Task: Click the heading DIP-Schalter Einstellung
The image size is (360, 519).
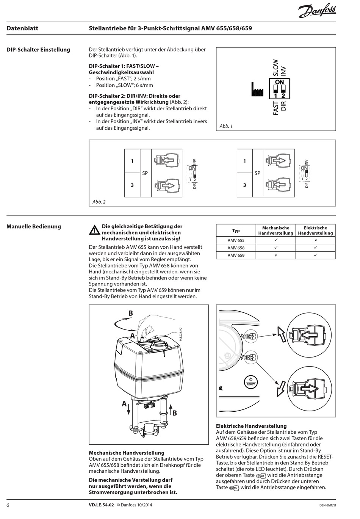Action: coord(38,50)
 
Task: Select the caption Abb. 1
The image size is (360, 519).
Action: coord(226,126)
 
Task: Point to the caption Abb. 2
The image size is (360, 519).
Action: coord(99,202)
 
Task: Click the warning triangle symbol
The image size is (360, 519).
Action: coord(94,230)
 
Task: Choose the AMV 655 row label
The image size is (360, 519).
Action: coord(236,240)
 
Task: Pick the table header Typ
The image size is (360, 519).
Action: coord(236,230)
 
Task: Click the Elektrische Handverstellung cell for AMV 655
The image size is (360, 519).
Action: coord(315,240)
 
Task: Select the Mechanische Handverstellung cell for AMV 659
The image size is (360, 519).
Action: coord(275,256)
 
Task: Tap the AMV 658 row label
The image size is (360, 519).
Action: coord(236,248)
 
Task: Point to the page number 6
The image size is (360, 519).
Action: coord(8,505)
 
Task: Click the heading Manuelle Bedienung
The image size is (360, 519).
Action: coord(34,227)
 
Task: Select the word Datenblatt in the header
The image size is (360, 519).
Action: coord(22,28)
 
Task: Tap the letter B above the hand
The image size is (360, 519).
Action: coord(130,313)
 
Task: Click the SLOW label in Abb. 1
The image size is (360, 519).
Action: coord(275,67)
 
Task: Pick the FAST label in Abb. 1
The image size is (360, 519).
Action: coord(275,108)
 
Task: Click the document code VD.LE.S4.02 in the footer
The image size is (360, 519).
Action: coord(101,505)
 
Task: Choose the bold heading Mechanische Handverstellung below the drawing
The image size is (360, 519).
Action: coord(126,453)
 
